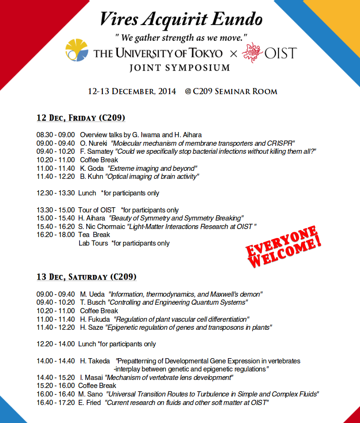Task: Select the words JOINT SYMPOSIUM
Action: tap(180, 68)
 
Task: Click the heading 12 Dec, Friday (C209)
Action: tap(81, 118)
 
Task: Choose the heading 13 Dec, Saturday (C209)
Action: tap(87, 276)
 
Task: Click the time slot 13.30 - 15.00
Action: tap(55, 210)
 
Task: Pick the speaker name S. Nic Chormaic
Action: tap(102, 227)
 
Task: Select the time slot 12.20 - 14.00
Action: tap(55, 344)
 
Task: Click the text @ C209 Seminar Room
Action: tap(231, 91)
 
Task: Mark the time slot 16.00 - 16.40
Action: tap(55, 394)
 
